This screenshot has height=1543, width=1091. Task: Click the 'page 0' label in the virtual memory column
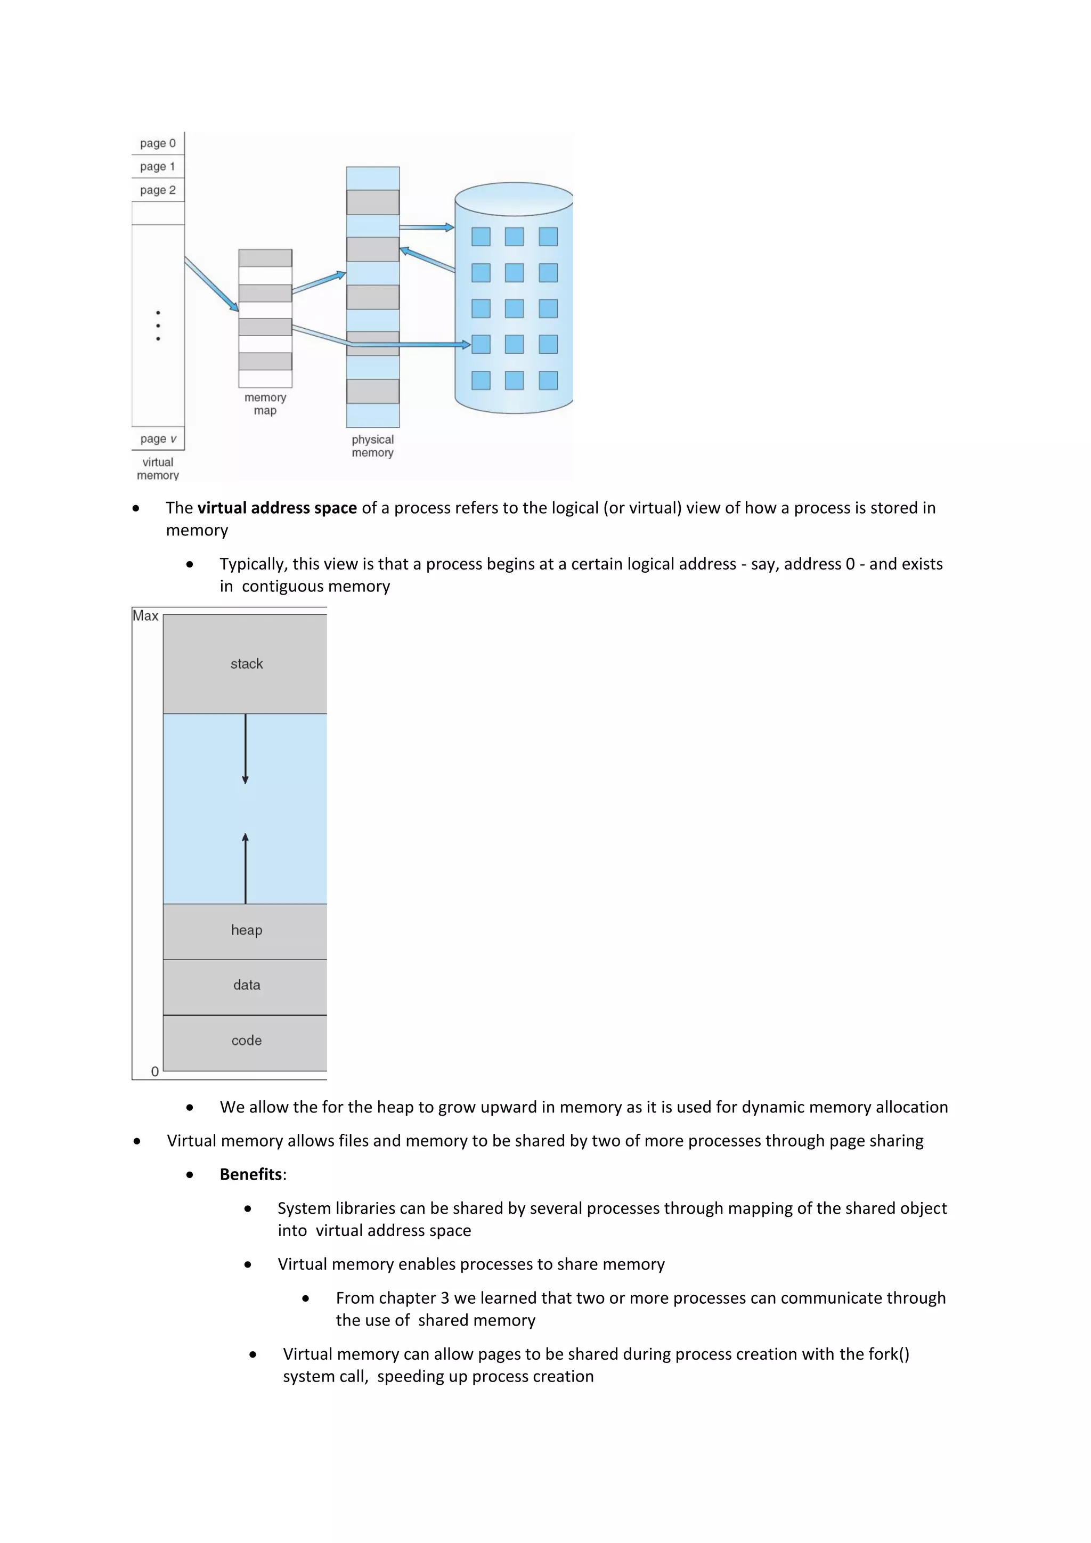(x=158, y=143)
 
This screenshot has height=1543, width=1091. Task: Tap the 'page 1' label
(x=158, y=166)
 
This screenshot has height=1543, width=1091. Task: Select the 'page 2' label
(x=158, y=190)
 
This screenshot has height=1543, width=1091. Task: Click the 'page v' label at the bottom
(x=158, y=439)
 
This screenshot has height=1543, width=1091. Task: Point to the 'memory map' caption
(x=265, y=404)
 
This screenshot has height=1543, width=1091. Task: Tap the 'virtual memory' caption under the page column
(x=158, y=468)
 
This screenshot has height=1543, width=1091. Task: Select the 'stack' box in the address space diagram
(x=246, y=664)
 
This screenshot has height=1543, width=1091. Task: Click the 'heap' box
(x=246, y=931)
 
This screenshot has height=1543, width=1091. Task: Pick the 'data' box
(x=246, y=985)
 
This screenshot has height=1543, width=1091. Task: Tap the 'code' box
(x=246, y=1041)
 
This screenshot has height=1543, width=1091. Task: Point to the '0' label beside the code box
(x=155, y=1072)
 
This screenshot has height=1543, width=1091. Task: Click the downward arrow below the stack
(x=245, y=749)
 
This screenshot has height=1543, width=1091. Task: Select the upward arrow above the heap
(x=245, y=867)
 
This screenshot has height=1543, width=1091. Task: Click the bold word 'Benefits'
(x=250, y=1174)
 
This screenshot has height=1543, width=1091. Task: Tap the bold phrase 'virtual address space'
(x=277, y=508)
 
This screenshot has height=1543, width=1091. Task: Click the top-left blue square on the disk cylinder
(x=481, y=237)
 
